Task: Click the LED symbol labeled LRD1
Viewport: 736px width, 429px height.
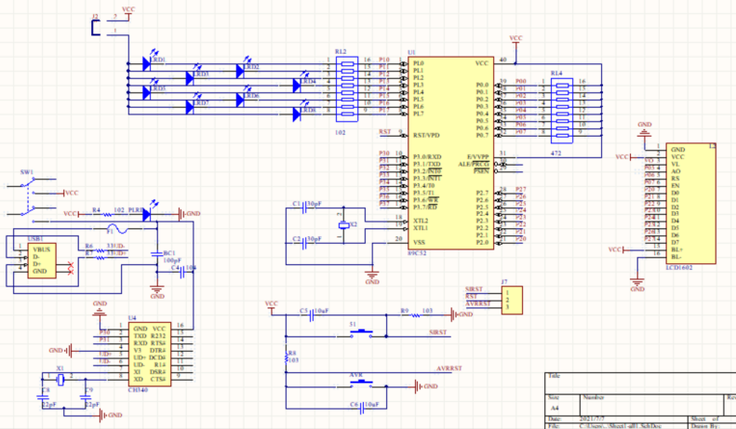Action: click(x=147, y=64)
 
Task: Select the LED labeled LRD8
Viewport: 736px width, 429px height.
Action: click(x=300, y=114)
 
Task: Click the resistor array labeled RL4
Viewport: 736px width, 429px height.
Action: click(x=561, y=107)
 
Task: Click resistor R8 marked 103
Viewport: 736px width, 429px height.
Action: click(x=285, y=356)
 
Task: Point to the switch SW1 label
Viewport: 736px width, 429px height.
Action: click(x=27, y=172)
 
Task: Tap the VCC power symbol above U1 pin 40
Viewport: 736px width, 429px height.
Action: click(x=515, y=39)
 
